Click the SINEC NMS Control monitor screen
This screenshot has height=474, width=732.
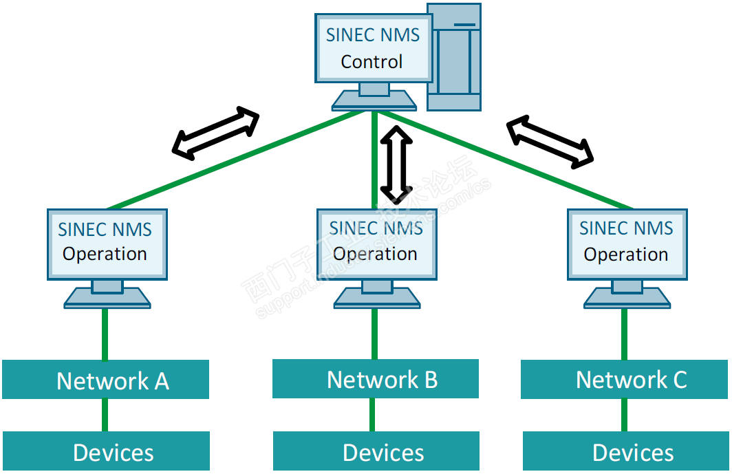click(x=373, y=48)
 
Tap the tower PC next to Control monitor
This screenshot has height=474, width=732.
click(x=453, y=58)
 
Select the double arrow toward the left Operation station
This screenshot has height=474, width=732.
click(x=215, y=133)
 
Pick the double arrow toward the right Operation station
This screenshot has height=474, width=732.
click(x=550, y=142)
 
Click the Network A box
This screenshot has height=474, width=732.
click(x=105, y=380)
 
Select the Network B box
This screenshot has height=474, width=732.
click(x=376, y=378)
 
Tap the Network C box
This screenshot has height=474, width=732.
click(x=625, y=379)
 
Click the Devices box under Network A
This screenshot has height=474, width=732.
click(x=106, y=452)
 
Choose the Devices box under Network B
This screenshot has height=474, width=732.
click(x=376, y=452)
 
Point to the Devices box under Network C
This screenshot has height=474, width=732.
click(x=626, y=452)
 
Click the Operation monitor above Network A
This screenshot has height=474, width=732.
click(x=107, y=244)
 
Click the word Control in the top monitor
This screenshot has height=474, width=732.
click(x=372, y=61)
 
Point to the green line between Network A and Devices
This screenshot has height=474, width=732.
click(x=105, y=415)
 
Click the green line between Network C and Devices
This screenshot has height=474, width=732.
click(x=625, y=415)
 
